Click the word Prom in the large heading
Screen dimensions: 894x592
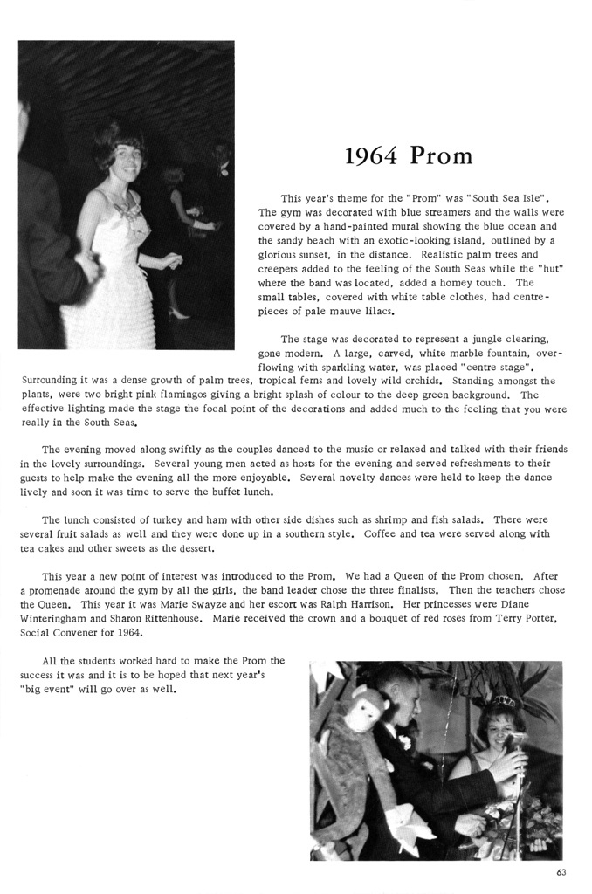click(x=441, y=156)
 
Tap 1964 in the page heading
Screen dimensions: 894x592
click(x=373, y=156)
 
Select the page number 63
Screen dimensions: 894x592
click(x=561, y=872)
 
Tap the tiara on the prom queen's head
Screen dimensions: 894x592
click(x=506, y=700)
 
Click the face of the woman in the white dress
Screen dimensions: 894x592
click(x=127, y=160)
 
